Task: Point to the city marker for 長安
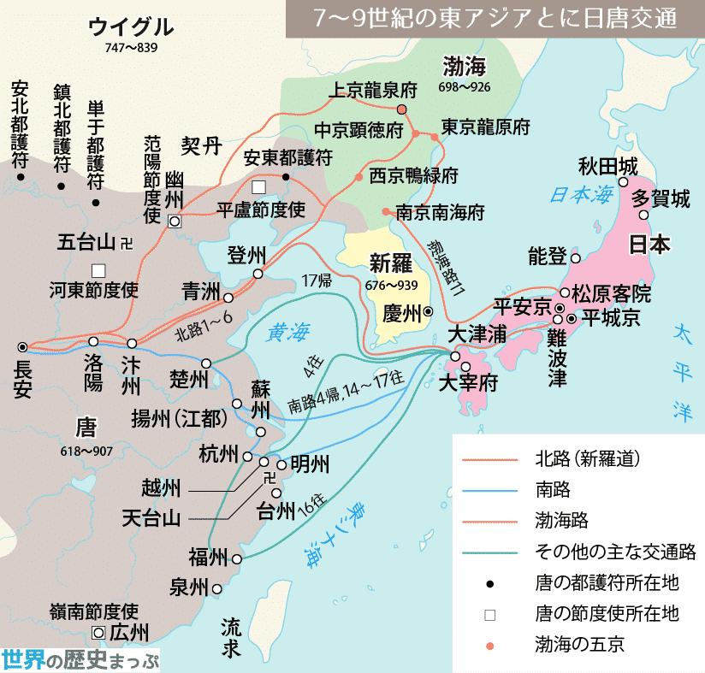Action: pyautogui.click(x=22, y=346)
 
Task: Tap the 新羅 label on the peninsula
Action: pyautogui.click(x=392, y=263)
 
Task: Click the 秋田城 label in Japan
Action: pyautogui.click(x=608, y=167)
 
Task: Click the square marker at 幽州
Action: pyautogui.click(x=175, y=221)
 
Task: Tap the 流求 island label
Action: pyautogui.click(x=230, y=638)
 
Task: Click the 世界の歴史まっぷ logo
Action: pyautogui.click(x=81, y=659)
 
